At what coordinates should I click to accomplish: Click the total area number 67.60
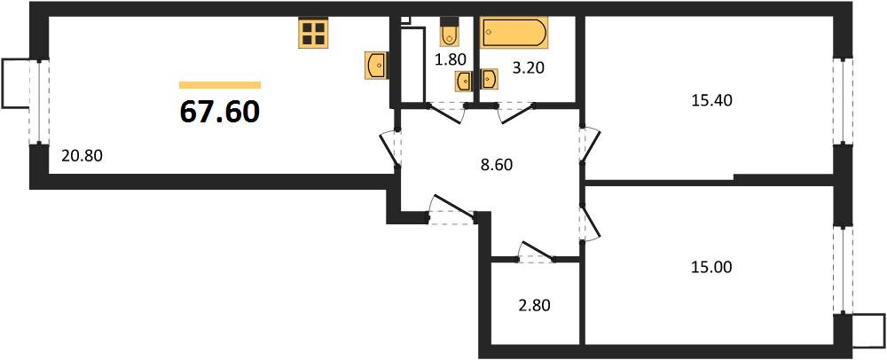click(219, 112)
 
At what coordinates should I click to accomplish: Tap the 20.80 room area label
click(82, 155)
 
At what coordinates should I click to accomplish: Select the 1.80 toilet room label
click(451, 59)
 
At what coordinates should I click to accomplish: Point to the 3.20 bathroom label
click(529, 69)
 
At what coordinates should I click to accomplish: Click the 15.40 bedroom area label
click(711, 100)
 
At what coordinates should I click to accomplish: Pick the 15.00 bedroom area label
click(711, 267)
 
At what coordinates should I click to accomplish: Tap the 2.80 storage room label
click(534, 306)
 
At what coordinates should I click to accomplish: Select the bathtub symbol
click(514, 33)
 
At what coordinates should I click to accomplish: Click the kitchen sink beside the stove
click(376, 65)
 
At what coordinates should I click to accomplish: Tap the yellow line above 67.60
click(220, 85)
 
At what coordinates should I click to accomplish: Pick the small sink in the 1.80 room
click(464, 81)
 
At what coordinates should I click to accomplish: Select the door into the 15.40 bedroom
click(591, 145)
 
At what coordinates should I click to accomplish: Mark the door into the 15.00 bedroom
click(590, 223)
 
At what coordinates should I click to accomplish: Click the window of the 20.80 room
click(39, 102)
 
